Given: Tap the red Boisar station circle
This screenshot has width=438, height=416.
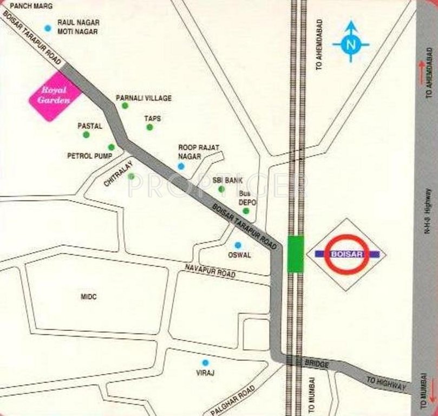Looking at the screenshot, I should pyautogui.click(x=347, y=253).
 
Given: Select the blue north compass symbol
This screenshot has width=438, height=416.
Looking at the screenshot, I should pyautogui.click(x=350, y=44).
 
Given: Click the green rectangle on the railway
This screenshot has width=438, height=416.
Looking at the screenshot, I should pyautogui.click(x=296, y=253).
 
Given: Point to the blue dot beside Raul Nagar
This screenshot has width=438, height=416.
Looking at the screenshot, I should pyautogui.click(x=48, y=28).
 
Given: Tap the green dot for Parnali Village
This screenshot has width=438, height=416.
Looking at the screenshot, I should pyautogui.click(x=125, y=106).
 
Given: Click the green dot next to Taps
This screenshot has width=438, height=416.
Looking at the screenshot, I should pyautogui.click(x=149, y=127).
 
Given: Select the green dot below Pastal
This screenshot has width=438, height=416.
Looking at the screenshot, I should pyautogui.click(x=86, y=134).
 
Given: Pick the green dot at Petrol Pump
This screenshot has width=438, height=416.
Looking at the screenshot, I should pyautogui.click(x=111, y=147).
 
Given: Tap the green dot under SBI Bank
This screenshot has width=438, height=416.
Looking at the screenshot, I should pyautogui.click(x=221, y=189).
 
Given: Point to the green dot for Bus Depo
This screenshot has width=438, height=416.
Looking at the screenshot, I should pyautogui.click(x=246, y=211).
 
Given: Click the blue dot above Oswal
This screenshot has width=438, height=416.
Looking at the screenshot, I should pyautogui.click(x=237, y=245).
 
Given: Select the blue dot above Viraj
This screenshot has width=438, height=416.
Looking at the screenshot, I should pyautogui.click(x=205, y=363).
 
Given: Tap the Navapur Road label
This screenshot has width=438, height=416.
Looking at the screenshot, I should pyautogui.click(x=210, y=271).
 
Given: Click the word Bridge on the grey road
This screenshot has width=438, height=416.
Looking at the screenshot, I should pyautogui.click(x=316, y=364).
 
